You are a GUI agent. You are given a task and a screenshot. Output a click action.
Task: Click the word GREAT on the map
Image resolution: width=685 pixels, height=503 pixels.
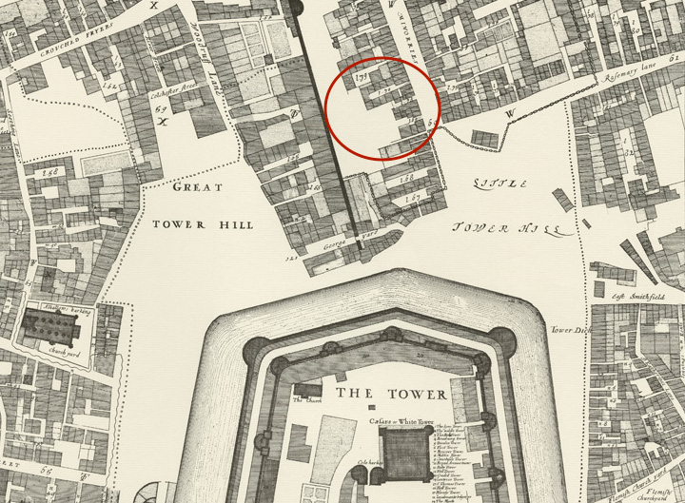click(x=198, y=188)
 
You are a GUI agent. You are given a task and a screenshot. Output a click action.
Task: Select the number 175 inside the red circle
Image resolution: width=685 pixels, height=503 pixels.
click(x=361, y=77)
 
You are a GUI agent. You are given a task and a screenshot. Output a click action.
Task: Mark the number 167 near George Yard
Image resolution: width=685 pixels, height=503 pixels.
click(x=412, y=199)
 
